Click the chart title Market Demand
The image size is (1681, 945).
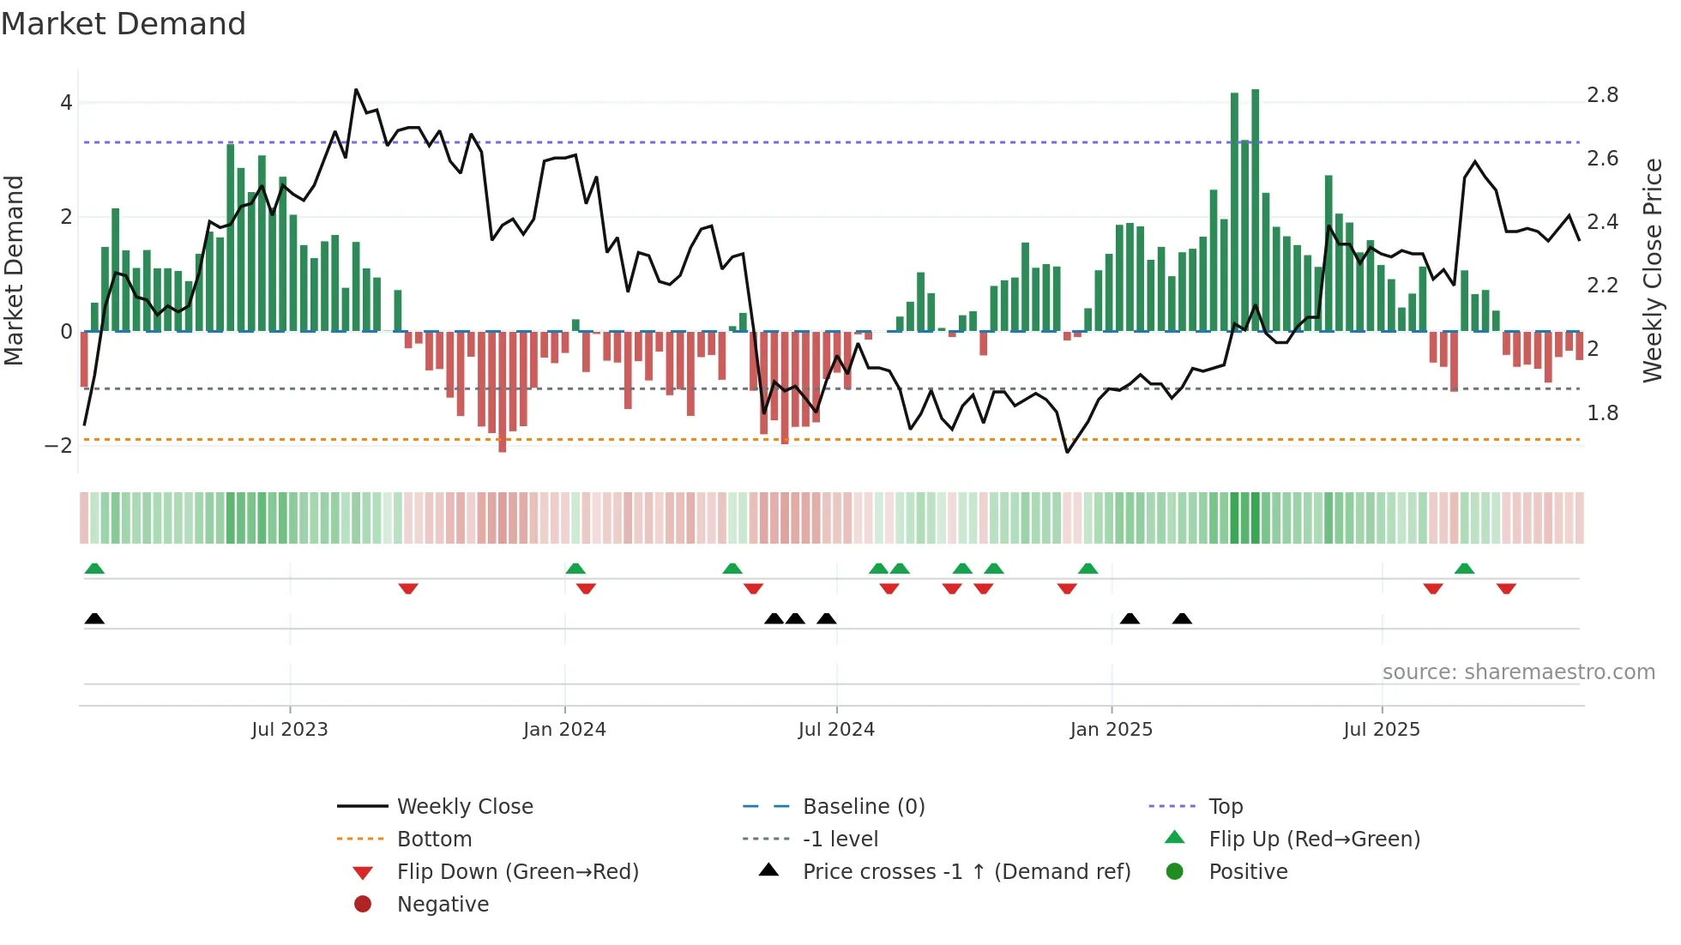coord(124,24)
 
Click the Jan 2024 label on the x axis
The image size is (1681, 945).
coord(564,730)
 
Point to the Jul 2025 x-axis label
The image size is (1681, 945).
coord(1382,730)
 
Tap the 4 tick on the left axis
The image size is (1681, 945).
coord(66,103)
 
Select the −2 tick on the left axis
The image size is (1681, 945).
coord(58,445)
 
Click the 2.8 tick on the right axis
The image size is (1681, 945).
coord(1602,95)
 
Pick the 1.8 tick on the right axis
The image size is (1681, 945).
coord(1602,413)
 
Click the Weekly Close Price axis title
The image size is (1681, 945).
coord(1653,270)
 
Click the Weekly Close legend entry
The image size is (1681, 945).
coord(464,807)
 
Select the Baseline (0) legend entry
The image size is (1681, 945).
coord(863,807)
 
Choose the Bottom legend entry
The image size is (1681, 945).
coord(434,840)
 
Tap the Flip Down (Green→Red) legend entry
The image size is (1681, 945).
coord(517,872)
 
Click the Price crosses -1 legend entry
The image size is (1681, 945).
coord(966,872)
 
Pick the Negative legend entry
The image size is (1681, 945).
coord(443,905)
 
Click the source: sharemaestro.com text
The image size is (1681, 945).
coord(1518,672)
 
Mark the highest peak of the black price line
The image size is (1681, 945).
coord(356,90)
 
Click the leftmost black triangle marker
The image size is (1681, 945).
coord(94,619)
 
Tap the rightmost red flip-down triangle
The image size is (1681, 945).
coord(1506,588)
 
